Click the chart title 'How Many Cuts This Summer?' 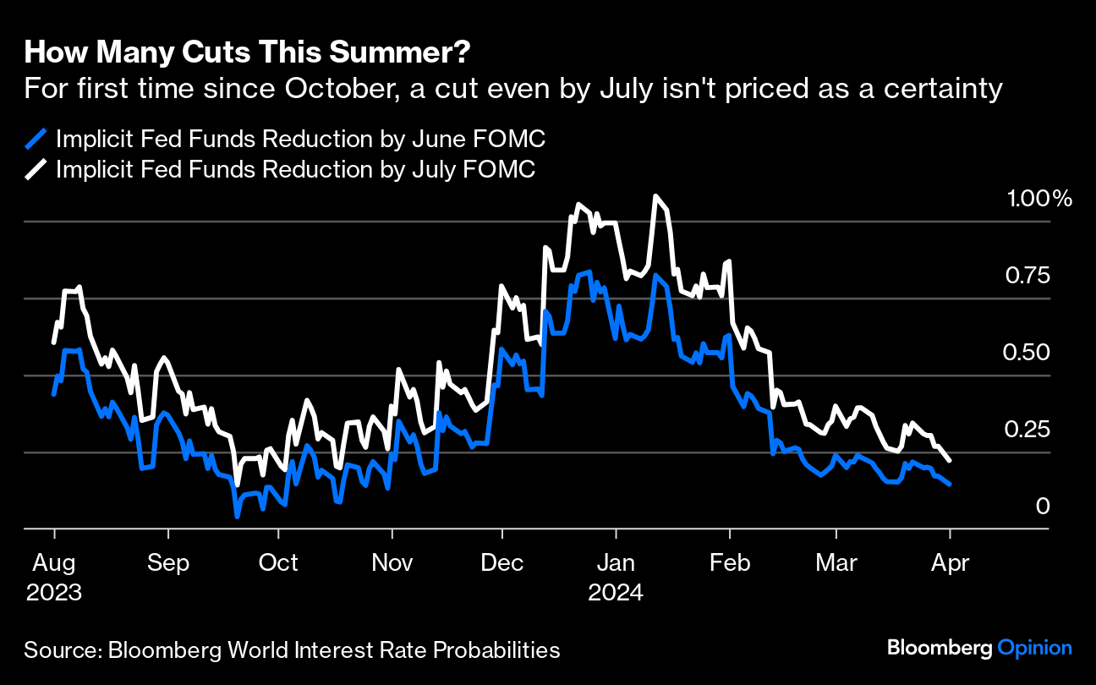click(x=248, y=53)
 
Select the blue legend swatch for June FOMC click(x=36, y=139)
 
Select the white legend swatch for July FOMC click(x=36, y=169)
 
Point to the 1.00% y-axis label click(x=1039, y=200)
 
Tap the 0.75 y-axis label click(x=1027, y=277)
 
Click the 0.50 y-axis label click(x=1027, y=353)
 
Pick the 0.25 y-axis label click(x=1027, y=430)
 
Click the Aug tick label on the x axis click(x=54, y=562)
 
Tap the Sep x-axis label click(x=168, y=562)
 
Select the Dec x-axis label click(x=502, y=562)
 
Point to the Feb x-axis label click(x=730, y=562)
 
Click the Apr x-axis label click(x=950, y=562)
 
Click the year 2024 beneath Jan click(x=616, y=592)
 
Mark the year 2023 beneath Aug click(x=54, y=592)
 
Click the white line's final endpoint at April click(x=951, y=461)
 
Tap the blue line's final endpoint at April click(x=951, y=485)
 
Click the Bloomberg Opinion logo click(x=979, y=649)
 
